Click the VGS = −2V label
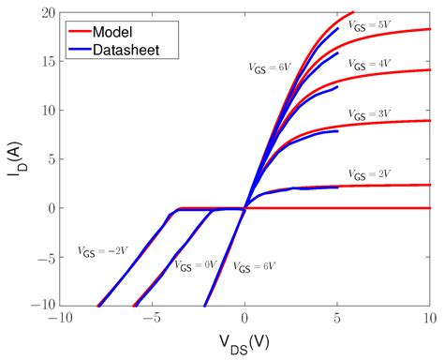tap(102, 251)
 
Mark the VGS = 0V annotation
tap(194, 265)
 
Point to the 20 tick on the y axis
tap(47, 12)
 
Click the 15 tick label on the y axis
tap(47, 61)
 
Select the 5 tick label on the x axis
tap(337, 319)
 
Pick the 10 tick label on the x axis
tap(429, 319)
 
